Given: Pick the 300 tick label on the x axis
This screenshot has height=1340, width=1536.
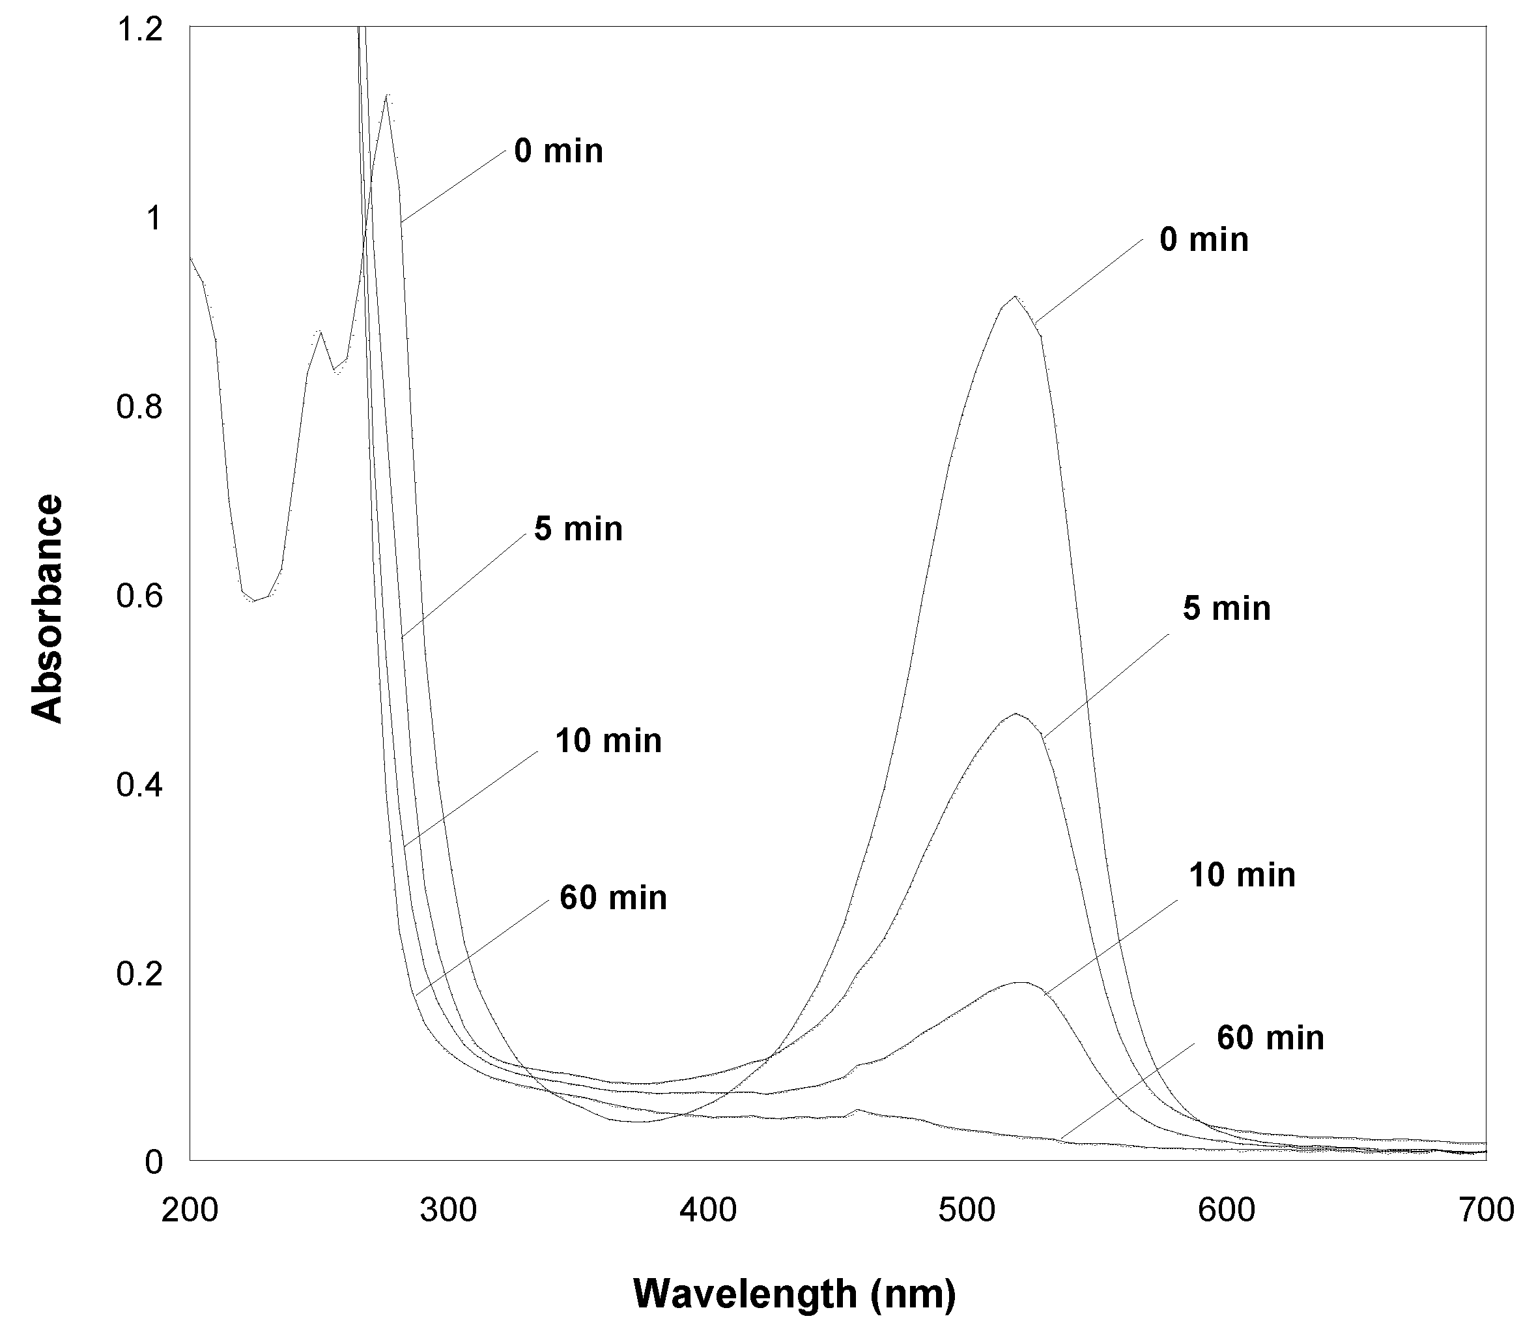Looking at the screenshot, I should (448, 1210).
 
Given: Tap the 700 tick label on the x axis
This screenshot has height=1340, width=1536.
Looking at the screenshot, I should (1486, 1210).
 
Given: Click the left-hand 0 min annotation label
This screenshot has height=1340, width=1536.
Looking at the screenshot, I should (558, 152).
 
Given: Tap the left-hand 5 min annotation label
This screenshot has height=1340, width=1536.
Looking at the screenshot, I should (578, 529).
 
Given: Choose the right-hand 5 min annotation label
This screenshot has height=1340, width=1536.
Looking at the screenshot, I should (1226, 609).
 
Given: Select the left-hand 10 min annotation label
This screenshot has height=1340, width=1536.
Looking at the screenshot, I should (608, 741).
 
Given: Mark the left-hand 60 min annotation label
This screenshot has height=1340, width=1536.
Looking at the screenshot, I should (613, 897).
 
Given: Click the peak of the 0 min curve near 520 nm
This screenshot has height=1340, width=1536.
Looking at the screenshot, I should (1014, 297).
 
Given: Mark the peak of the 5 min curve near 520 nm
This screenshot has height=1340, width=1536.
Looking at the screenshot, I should (1015, 714).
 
